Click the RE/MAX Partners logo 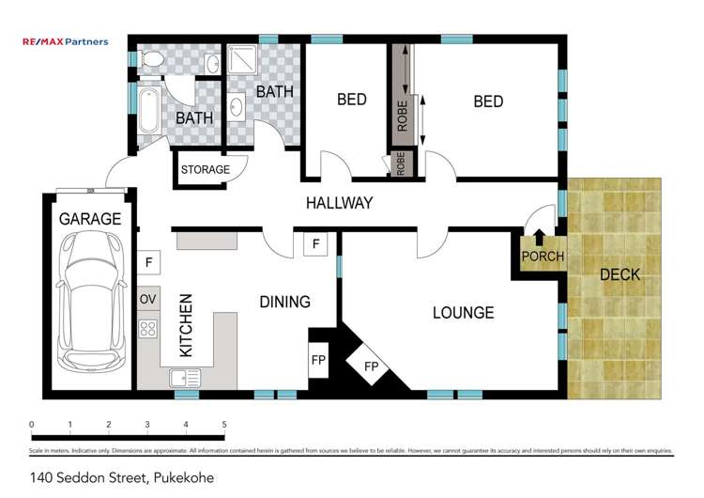66,41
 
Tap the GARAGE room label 90,219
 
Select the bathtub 149,111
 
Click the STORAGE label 205,170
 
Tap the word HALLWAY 339,203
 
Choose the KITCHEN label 186,325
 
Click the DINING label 284,302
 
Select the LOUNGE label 463,312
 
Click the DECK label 619,274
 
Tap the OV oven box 147,300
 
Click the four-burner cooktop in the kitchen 148,328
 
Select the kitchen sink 185,378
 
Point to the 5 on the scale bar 224,425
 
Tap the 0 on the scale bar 32,425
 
